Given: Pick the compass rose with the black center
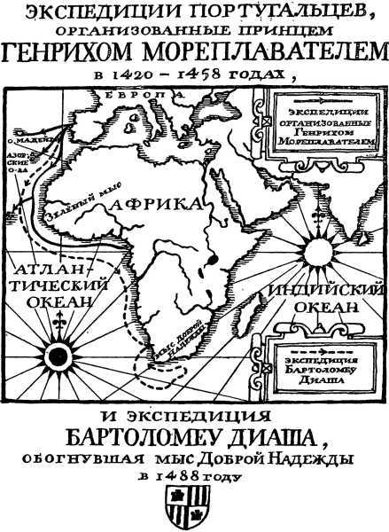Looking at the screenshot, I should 58,356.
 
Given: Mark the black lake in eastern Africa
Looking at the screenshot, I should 214,260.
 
